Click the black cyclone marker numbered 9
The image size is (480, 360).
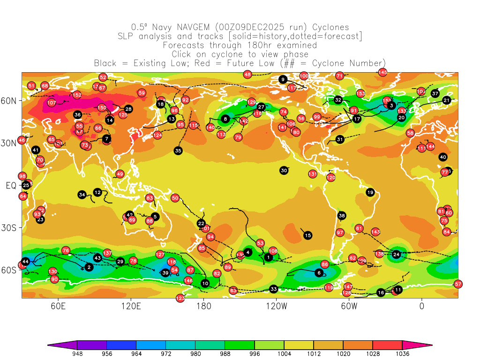coord(283,79)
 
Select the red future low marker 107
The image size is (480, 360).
coord(52,103)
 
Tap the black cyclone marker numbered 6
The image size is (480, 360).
coord(319,273)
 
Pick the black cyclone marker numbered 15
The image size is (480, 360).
coord(307,235)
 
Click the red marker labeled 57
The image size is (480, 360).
coord(458,284)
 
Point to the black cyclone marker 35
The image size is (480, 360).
coord(178,150)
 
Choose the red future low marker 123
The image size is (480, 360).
coord(180,298)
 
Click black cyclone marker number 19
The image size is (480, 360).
coord(370,192)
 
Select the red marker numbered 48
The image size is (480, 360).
coord(247,74)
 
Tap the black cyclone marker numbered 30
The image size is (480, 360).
coord(284,171)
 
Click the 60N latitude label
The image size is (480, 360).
coord(11,101)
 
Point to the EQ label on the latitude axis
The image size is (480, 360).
coord(11,186)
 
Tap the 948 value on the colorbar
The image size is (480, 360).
coord(77,354)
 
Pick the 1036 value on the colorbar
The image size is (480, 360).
coord(402,354)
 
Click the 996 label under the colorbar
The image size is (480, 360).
coord(255,354)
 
